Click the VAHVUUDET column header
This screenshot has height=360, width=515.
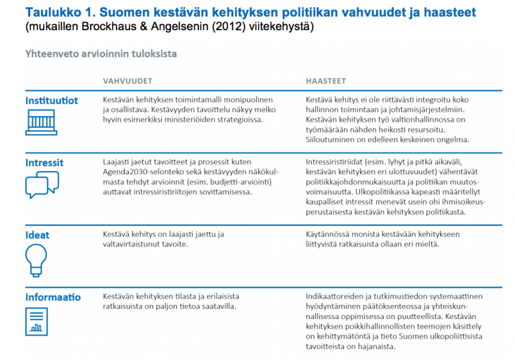click(x=127, y=81)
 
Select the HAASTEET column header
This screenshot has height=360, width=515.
click(x=327, y=81)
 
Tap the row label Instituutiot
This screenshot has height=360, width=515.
click(x=52, y=101)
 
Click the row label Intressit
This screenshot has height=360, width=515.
click(x=44, y=163)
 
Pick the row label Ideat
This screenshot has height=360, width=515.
click(x=38, y=235)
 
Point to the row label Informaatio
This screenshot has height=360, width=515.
click(x=53, y=297)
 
